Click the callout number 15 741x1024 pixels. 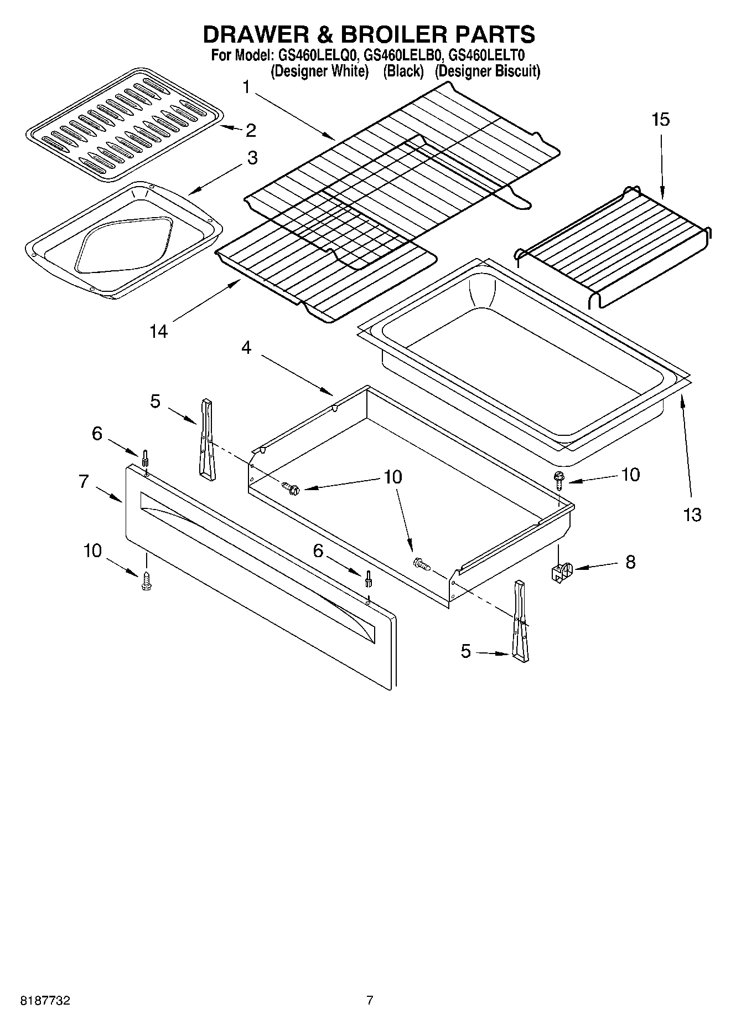661,119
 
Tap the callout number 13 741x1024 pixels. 692,514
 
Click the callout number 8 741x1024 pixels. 630,562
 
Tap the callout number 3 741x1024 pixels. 252,158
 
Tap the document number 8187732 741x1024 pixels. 45,1001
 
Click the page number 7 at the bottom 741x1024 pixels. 370,1000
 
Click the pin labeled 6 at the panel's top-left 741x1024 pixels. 145,459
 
